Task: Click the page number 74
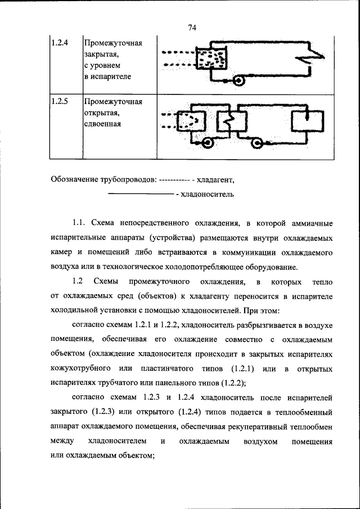point(191,28)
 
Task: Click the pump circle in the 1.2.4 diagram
point(238,81)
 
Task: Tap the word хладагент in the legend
point(214,180)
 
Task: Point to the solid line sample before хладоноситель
point(140,194)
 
